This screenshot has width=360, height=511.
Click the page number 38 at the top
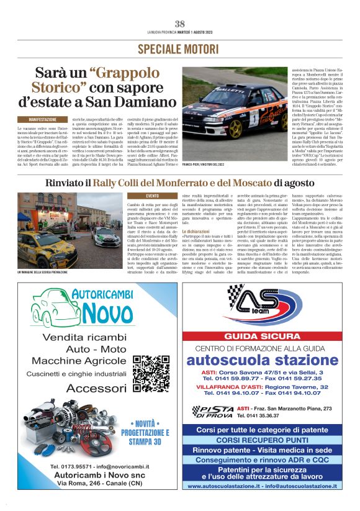180,24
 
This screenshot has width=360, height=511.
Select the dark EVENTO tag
151,196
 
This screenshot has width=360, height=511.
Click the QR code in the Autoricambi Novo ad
151,372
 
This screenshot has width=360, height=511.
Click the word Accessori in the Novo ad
96,387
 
